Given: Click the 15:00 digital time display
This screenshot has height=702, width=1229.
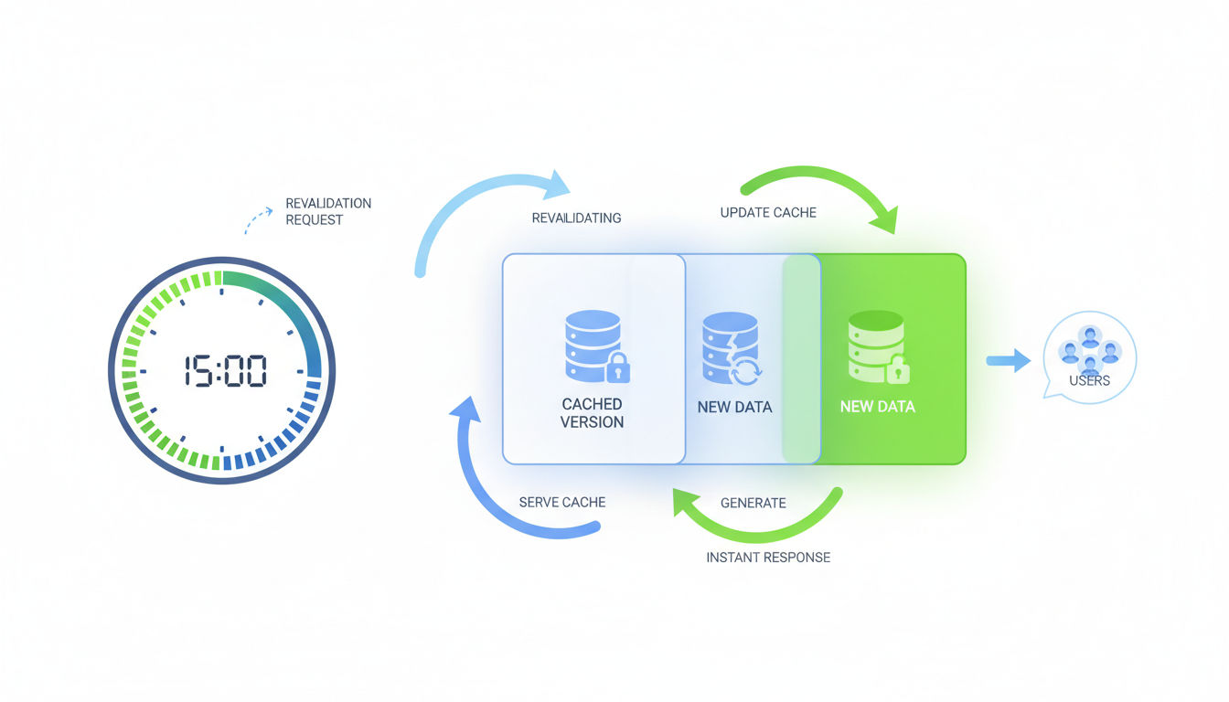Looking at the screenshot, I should coord(225,371).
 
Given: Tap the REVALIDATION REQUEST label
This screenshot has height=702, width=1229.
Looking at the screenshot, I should coord(327,211).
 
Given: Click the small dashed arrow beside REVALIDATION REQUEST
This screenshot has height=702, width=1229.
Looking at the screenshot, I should coord(258,219).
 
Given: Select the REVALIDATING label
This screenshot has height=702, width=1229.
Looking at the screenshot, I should coord(576,218).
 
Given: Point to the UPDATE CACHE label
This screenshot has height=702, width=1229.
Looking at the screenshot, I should coord(768,212).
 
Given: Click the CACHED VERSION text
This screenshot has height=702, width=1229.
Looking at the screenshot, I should coord(592,413).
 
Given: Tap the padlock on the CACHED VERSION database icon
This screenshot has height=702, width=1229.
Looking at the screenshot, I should coord(618,368).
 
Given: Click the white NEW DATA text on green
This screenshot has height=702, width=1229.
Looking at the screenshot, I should coord(877,407).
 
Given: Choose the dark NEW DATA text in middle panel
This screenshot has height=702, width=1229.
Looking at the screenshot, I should coord(734,407).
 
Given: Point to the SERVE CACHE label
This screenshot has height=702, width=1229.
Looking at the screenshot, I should coord(561,502).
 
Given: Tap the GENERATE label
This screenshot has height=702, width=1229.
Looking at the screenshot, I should coord(753,503).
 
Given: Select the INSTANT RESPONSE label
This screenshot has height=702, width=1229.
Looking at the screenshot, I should coord(768,557).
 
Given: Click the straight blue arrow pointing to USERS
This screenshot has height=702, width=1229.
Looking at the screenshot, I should coord(1008,361).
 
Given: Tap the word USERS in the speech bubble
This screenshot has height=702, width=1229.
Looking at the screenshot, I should coord(1089,380).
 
